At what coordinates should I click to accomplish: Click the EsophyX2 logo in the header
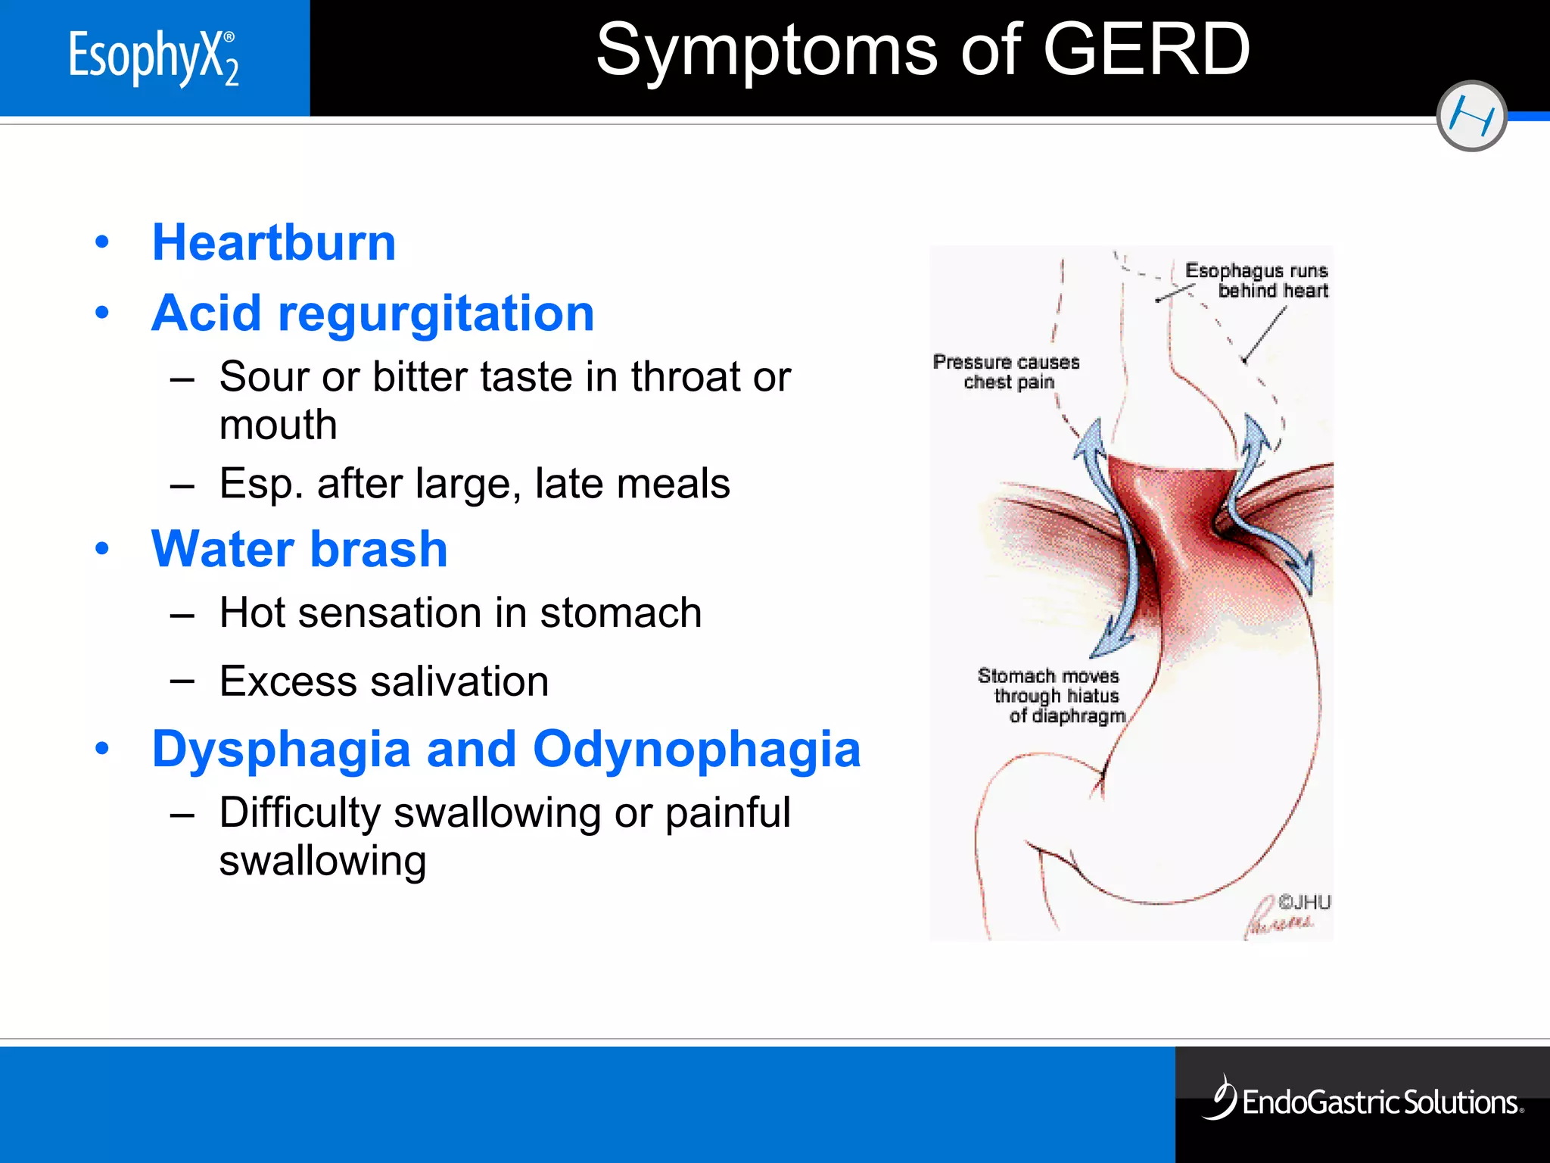pos(154,58)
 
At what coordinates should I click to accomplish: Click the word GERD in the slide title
pos(1147,50)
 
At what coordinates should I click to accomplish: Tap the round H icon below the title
pos(1471,117)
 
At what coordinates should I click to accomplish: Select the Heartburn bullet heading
pos(274,243)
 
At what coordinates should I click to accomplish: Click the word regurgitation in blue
pos(436,313)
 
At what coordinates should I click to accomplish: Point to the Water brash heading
pos(300,549)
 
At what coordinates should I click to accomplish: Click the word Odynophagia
pos(696,750)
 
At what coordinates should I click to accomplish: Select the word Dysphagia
pos(281,750)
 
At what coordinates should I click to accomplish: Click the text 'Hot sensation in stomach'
pos(460,613)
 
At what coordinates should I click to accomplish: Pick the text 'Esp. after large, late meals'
pos(475,483)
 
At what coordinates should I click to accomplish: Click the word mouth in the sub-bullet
pos(278,425)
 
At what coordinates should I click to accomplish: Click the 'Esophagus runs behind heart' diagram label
pos(1257,281)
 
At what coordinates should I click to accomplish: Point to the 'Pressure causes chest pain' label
pos(1007,372)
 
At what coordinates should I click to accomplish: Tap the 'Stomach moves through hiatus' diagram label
pos(1051,695)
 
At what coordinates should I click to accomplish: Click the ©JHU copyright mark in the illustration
pos(1304,902)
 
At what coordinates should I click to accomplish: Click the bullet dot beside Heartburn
pos(102,242)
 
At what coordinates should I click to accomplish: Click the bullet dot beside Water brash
pos(102,548)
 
